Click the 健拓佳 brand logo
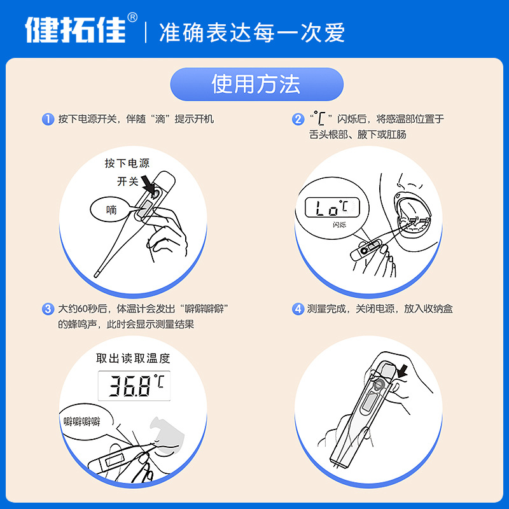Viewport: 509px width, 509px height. (76, 29)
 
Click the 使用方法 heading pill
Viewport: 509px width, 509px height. (256, 84)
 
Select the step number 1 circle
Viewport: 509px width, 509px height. (48, 119)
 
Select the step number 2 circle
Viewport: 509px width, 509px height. (298, 119)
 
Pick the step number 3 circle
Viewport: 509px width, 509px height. (48, 309)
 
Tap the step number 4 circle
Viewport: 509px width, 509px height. (298, 309)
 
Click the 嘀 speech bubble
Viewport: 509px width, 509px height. (112, 210)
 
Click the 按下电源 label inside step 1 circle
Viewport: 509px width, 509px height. (127, 164)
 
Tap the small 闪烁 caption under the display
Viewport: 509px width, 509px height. (340, 225)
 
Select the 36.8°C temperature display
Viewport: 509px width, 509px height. (134, 385)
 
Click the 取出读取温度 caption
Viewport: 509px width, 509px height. (133, 358)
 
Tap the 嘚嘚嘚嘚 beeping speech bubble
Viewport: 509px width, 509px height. (83, 422)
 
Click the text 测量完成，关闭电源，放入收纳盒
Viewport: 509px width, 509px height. (380, 309)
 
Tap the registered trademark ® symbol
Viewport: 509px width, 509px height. (132, 17)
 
